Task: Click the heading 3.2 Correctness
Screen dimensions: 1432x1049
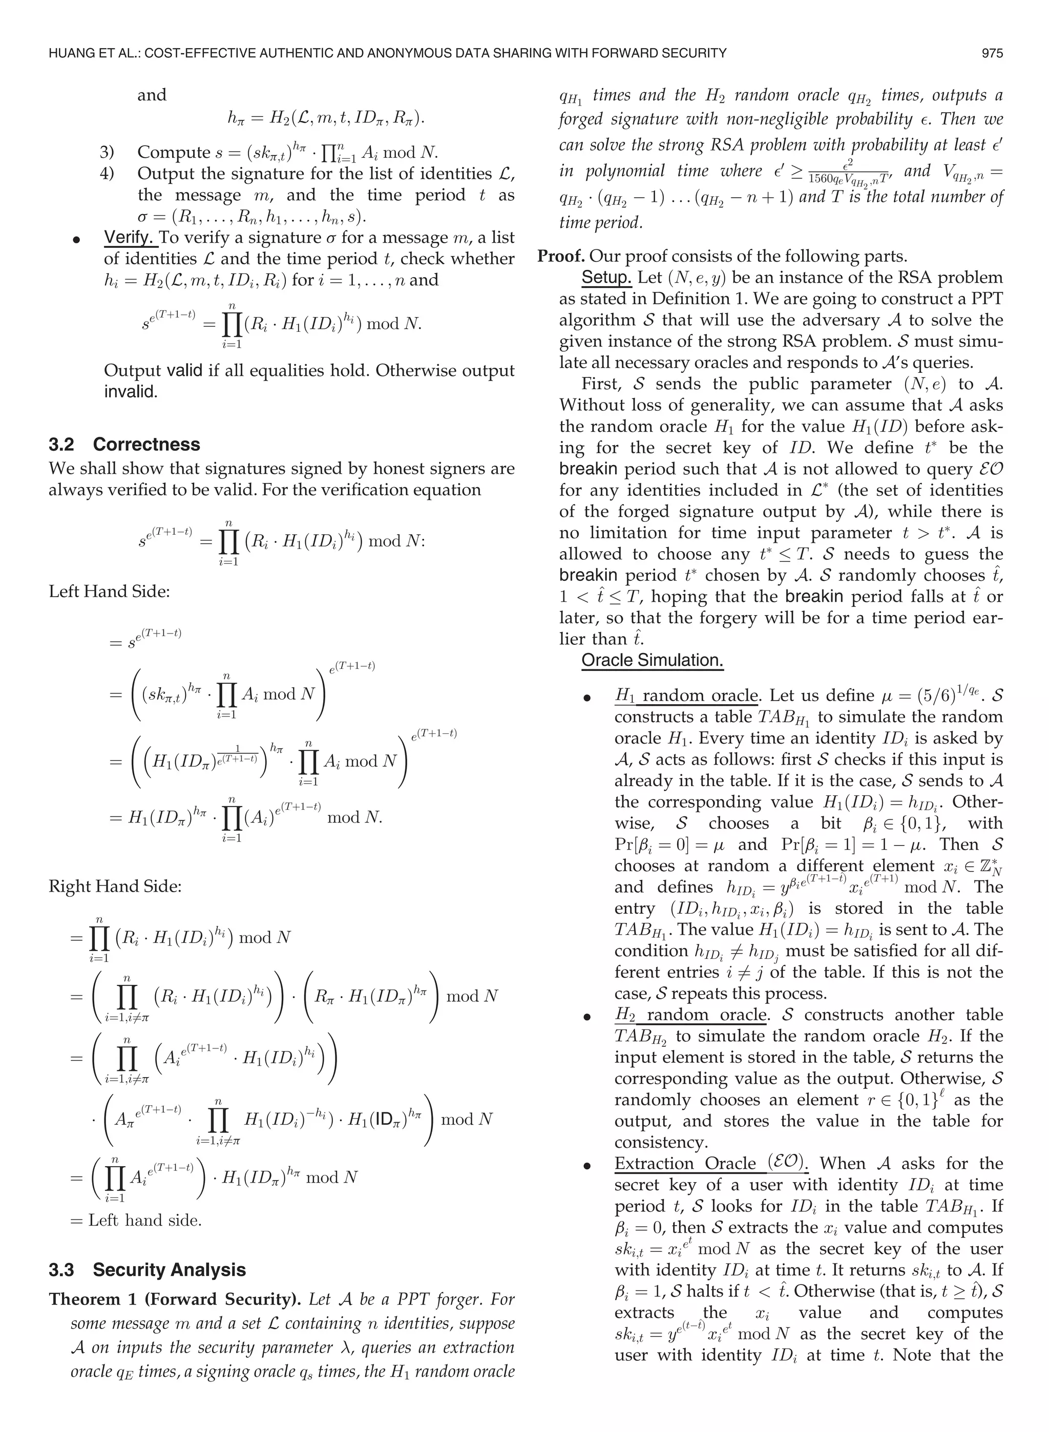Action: (x=124, y=445)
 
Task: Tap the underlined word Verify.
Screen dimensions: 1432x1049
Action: (x=130, y=238)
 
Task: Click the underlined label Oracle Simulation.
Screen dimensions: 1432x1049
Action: (x=652, y=660)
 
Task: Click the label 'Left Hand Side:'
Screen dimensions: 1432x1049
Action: (x=109, y=591)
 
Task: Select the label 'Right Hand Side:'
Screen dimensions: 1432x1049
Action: (x=115, y=886)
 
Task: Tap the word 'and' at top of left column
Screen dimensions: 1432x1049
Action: (x=152, y=95)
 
